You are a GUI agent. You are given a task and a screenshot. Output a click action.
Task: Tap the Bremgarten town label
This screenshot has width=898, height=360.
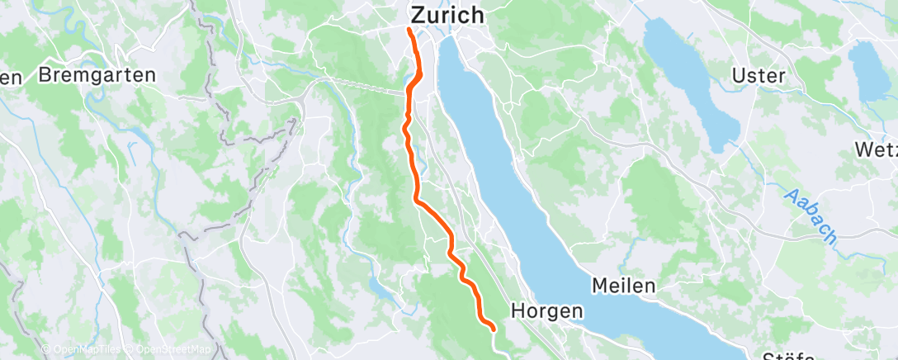click(x=97, y=75)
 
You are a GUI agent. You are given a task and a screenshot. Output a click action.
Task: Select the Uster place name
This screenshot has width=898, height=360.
click(x=758, y=75)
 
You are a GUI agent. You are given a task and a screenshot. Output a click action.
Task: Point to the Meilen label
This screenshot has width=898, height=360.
click(x=623, y=286)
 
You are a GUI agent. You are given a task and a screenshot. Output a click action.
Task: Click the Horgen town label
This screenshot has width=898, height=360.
click(x=547, y=310)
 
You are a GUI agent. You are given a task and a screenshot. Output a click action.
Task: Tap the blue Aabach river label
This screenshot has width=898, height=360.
click(x=810, y=216)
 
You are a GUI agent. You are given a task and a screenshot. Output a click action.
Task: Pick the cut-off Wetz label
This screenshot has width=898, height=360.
click(x=878, y=149)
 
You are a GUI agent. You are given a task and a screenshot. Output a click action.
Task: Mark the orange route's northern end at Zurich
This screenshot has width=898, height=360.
click(x=410, y=31)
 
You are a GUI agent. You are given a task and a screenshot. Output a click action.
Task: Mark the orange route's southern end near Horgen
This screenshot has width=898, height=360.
click(x=493, y=329)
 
